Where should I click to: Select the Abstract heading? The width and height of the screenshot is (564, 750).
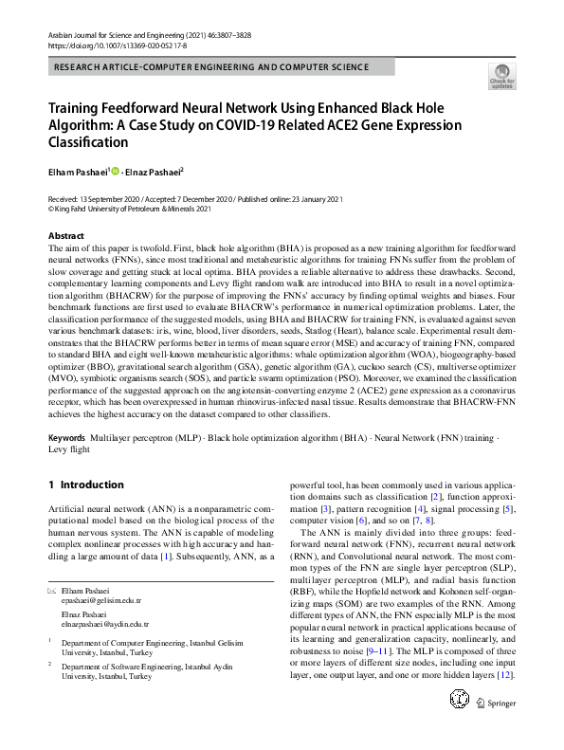[x=66, y=235]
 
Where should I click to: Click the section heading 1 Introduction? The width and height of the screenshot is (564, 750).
[x=86, y=485]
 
